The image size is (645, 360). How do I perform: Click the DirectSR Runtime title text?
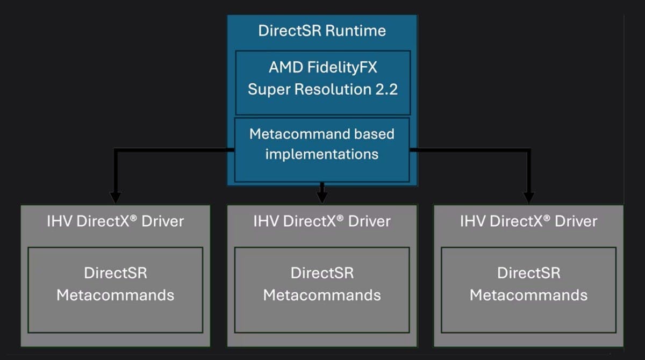[x=322, y=30]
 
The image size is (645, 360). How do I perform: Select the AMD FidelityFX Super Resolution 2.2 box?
[x=322, y=82]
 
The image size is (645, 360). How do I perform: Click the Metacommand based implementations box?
[x=322, y=149]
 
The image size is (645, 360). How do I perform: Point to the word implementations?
[x=322, y=154]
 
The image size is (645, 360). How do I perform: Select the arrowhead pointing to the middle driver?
[x=322, y=197]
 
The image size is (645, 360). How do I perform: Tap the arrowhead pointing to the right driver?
[x=529, y=197]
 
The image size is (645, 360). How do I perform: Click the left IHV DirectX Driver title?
[x=116, y=221]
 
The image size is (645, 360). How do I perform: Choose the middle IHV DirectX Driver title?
[x=322, y=221]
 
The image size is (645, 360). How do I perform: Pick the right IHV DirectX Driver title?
[x=529, y=221]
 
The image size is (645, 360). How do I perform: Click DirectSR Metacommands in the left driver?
[x=116, y=284]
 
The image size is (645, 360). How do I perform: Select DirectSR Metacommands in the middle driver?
[x=322, y=284]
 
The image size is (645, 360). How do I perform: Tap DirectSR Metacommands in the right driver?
[x=529, y=284]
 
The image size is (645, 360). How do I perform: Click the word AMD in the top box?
[x=285, y=69]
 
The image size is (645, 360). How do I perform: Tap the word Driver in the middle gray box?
[x=368, y=221]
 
